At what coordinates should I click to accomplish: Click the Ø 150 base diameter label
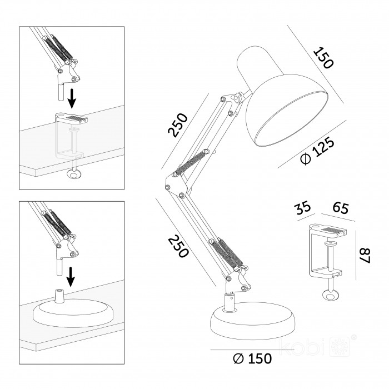[x=252, y=358]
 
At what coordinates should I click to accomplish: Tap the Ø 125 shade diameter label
[x=317, y=151]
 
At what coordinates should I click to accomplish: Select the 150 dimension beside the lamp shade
[x=323, y=58]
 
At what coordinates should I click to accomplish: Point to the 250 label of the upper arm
[x=178, y=125]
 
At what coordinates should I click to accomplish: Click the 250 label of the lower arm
[x=178, y=246]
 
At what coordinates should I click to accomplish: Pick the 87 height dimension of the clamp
[x=365, y=256]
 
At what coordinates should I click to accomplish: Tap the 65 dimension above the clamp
[x=341, y=208]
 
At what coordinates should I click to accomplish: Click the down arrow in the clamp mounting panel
[x=72, y=98]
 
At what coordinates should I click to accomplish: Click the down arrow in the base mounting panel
[x=71, y=277]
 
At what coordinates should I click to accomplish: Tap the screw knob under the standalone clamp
[x=330, y=296]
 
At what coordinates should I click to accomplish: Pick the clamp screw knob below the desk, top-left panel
[x=74, y=174]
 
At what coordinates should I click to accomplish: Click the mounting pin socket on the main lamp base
[x=230, y=301]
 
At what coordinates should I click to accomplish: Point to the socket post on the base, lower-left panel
[x=59, y=296]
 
